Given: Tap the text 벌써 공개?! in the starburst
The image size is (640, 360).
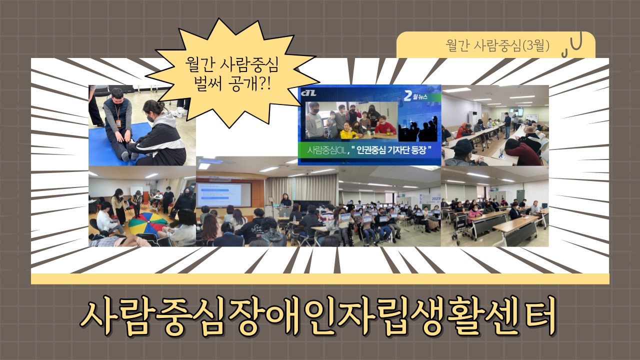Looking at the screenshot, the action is (231, 83).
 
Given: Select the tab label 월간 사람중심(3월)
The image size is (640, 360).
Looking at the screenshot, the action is (497, 45).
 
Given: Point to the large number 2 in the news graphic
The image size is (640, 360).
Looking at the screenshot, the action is (408, 95).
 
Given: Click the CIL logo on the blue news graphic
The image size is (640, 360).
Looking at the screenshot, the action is (308, 93).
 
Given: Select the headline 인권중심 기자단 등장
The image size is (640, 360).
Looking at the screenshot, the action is (391, 149).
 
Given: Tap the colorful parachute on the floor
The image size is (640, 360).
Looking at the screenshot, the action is (147, 224).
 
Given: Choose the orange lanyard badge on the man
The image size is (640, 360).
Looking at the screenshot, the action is (118, 123).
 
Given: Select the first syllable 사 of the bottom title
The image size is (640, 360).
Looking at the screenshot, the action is (99, 316).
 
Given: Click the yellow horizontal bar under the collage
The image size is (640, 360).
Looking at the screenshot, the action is (320, 279).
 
